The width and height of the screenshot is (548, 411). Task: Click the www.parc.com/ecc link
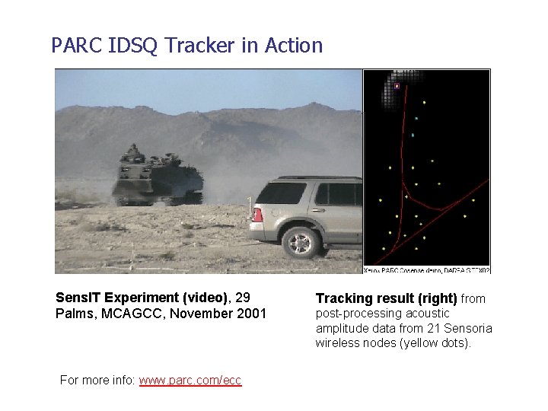(190, 380)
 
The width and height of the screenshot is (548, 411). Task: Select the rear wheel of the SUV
(301, 242)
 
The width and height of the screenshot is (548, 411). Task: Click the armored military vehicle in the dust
(157, 177)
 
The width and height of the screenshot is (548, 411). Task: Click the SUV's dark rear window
(282, 193)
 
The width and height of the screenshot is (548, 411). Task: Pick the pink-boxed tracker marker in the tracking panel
(397, 86)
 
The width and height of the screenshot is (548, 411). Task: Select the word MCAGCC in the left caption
(123, 314)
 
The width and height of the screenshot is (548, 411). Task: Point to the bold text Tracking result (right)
(386, 298)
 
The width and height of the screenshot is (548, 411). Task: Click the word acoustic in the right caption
(427, 313)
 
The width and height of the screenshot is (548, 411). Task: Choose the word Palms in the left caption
(73, 314)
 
